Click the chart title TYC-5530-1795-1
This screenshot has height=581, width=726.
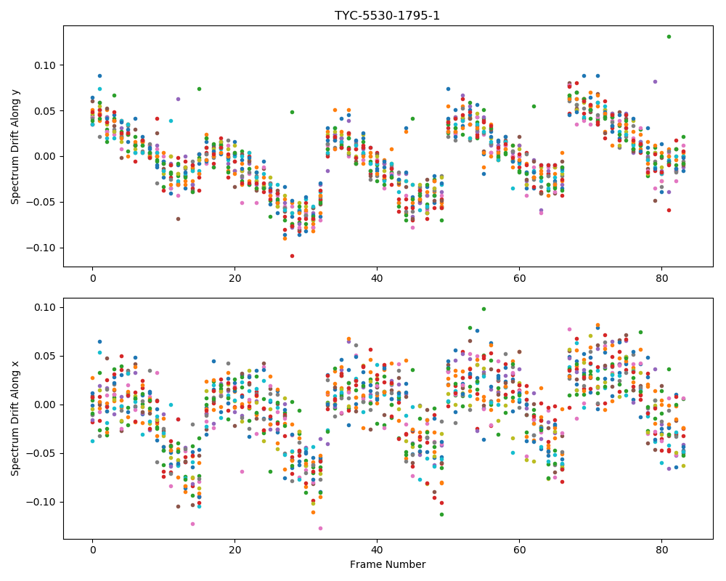click(387, 16)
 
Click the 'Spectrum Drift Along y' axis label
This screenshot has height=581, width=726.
click(15, 146)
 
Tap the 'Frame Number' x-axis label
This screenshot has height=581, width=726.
click(388, 564)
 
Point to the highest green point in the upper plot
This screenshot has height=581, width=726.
click(669, 36)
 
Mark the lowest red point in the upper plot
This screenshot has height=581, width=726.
click(292, 256)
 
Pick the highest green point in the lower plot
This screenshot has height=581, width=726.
click(484, 309)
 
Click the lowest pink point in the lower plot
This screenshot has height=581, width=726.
click(320, 528)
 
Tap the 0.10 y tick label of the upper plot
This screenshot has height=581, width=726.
click(45, 65)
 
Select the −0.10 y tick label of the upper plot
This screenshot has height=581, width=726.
click(41, 248)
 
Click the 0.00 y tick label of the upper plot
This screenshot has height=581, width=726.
click(45, 157)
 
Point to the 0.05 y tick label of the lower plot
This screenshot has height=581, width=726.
click(45, 357)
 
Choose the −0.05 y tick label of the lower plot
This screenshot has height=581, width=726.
click(41, 454)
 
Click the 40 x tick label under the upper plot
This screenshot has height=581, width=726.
click(378, 278)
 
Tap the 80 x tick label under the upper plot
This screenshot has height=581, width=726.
click(661, 278)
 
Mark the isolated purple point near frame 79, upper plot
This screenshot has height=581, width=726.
click(655, 81)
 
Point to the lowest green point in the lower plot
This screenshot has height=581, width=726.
click(441, 514)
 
